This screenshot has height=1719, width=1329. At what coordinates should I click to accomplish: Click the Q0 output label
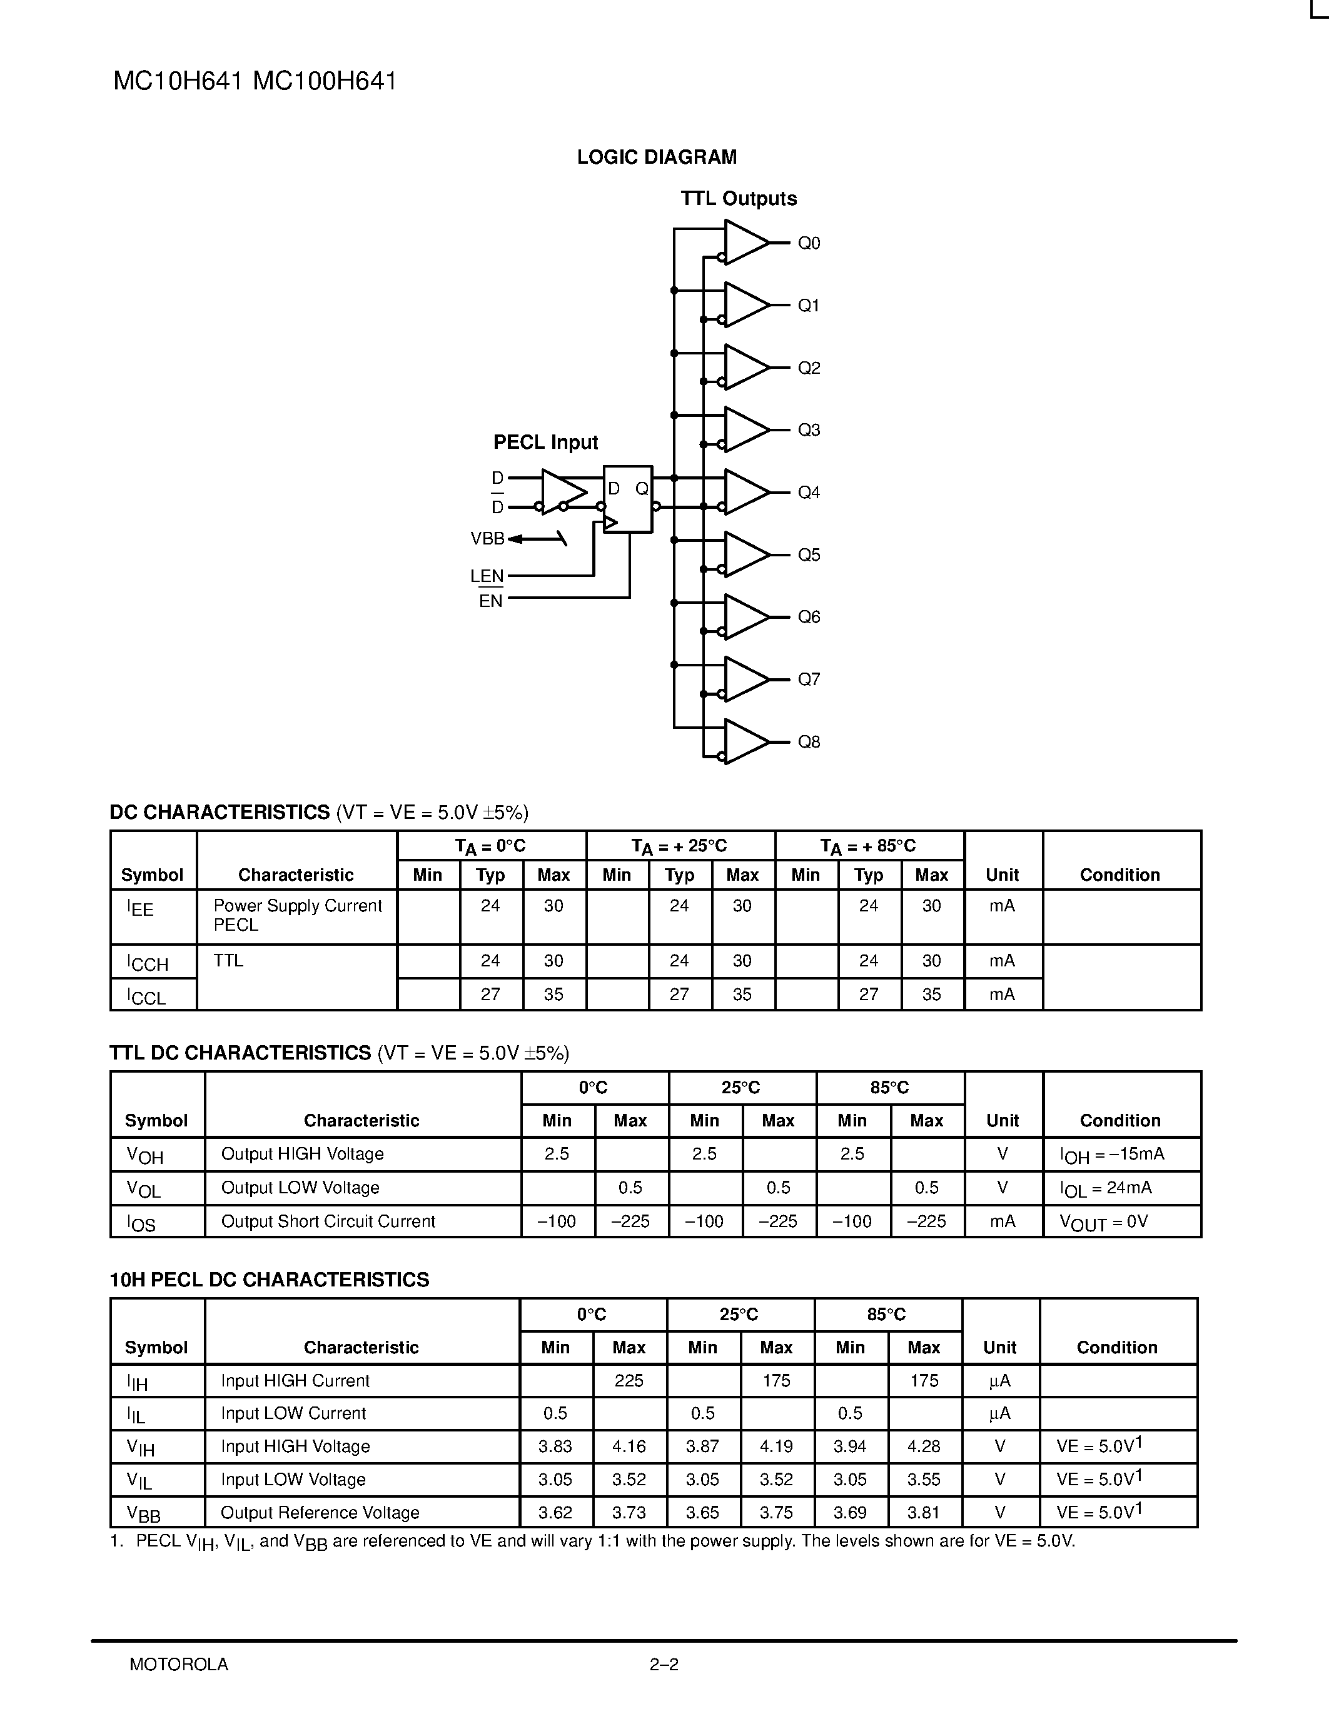809,243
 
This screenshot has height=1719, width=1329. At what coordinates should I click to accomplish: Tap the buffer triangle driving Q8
744,741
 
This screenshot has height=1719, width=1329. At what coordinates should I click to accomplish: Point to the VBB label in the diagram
487,539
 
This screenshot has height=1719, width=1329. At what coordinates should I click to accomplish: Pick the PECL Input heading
545,443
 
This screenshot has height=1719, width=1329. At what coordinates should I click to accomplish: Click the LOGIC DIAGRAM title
657,158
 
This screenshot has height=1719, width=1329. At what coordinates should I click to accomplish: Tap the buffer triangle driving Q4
744,492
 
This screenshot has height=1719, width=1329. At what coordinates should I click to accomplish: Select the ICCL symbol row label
147,996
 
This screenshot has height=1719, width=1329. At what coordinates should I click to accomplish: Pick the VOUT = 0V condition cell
1103,1222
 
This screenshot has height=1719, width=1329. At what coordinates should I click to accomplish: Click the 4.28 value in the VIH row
924,1446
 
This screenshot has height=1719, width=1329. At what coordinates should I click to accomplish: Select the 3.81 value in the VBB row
924,1513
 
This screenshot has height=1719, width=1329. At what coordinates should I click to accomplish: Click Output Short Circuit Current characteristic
328,1221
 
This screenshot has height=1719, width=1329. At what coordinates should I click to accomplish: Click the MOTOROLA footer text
179,1665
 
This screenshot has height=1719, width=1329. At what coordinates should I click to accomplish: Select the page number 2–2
664,1665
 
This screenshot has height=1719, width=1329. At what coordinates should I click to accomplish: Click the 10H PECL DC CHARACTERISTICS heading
270,1280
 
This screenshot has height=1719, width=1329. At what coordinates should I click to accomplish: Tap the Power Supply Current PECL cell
297,915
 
